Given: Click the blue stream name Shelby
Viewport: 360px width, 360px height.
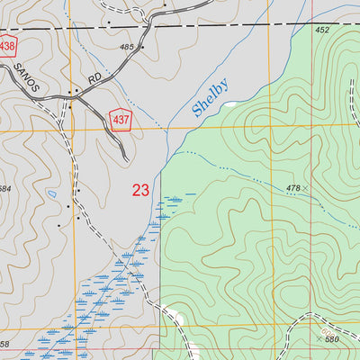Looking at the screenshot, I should (x=210, y=99).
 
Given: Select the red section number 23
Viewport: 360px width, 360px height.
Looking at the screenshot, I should (x=140, y=190).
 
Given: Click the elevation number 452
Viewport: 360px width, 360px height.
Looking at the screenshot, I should (x=322, y=30).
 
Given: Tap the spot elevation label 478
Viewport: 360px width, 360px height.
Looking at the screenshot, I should (x=292, y=187).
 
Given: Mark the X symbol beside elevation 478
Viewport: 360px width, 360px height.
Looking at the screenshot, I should (x=306, y=187).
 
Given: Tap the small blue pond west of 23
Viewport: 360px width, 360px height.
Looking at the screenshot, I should (x=53, y=193).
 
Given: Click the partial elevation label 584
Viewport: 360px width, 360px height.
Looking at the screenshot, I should (x=4, y=188).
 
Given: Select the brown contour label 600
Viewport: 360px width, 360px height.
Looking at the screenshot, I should (x=327, y=332).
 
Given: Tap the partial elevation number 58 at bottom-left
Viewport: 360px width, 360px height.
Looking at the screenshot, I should (x=4, y=345).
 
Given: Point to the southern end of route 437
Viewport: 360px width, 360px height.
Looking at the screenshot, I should (x=127, y=159).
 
